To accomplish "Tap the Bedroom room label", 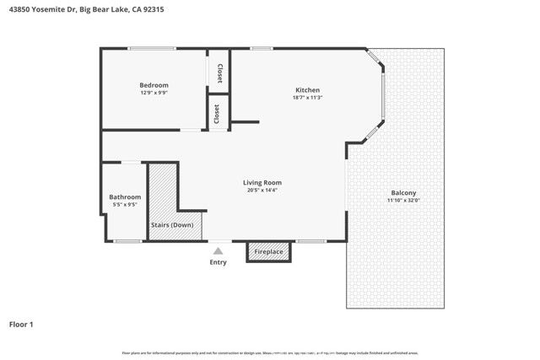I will [154, 85].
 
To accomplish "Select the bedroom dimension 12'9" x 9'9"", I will [154, 93].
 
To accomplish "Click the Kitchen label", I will [307, 90].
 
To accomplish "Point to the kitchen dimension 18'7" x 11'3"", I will [307, 98].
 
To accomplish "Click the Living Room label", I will [262, 182].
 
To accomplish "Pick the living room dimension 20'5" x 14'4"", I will [262, 190].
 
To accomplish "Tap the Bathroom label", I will [125, 196].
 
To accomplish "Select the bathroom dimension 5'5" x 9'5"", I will [125, 204].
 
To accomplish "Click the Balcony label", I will [402, 192].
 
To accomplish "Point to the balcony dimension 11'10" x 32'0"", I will [402, 200].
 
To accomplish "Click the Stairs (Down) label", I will [172, 225].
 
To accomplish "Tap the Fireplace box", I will [268, 251].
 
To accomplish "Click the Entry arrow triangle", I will [218, 250].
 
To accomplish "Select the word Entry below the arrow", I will [218, 262].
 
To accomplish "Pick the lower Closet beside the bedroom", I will [218, 113].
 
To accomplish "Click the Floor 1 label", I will [21, 324].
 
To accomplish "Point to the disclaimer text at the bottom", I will [270, 352].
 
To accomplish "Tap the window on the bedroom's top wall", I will [152, 49].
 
